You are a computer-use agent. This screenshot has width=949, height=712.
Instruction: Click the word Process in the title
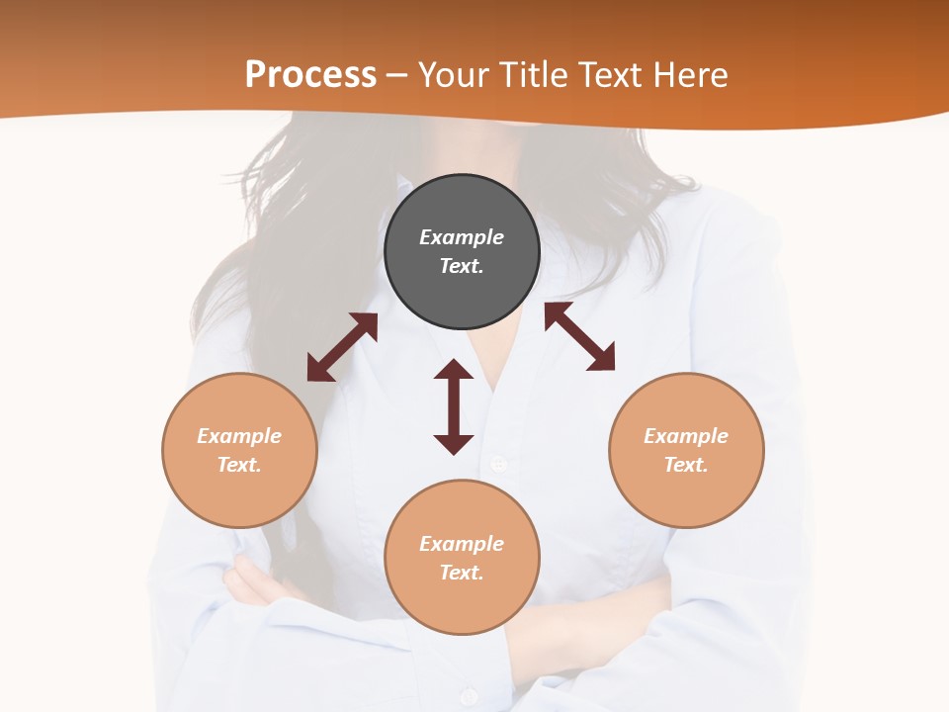pyautogui.click(x=310, y=75)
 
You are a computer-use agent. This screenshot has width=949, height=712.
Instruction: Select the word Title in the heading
pyautogui.click(x=538, y=75)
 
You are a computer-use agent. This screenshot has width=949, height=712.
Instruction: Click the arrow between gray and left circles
pyautogui.click(x=342, y=347)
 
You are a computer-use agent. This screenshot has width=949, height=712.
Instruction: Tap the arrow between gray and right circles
pyautogui.click(x=579, y=336)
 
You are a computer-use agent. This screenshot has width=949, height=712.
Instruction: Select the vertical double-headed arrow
pyautogui.click(x=454, y=406)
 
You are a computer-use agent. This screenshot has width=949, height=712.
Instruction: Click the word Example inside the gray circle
pyautogui.click(x=462, y=237)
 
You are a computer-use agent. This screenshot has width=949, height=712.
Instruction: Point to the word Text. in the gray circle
pyautogui.click(x=462, y=266)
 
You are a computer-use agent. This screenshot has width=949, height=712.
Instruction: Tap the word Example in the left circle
pyautogui.click(x=239, y=436)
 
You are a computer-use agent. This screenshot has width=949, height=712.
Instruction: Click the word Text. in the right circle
pyautogui.click(x=686, y=465)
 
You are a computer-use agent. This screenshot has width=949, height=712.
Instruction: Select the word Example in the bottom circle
pyautogui.click(x=462, y=544)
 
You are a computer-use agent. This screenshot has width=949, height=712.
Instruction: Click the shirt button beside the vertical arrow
pyautogui.click(x=498, y=463)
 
